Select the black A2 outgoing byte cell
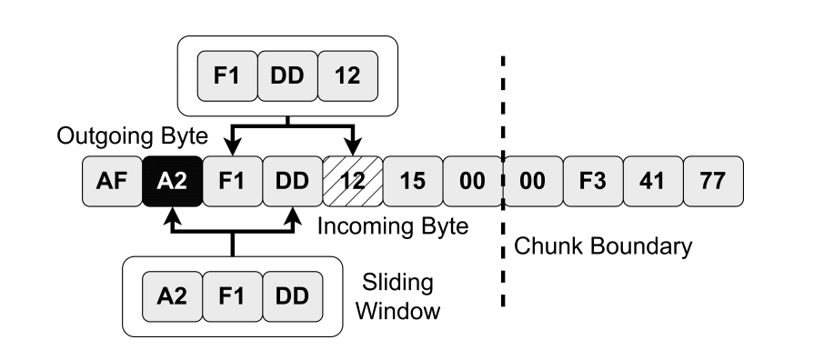(172, 180)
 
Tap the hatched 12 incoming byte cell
(352, 180)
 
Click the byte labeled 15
(412, 180)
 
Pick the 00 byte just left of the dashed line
(472, 180)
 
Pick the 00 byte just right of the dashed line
(533, 180)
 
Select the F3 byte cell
(593, 180)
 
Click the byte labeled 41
(653, 180)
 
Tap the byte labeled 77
(713, 180)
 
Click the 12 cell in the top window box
(347, 75)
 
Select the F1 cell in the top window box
(226, 75)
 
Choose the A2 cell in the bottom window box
(172, 296)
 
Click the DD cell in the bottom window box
(292, 296)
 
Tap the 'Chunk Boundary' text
(603, 245)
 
